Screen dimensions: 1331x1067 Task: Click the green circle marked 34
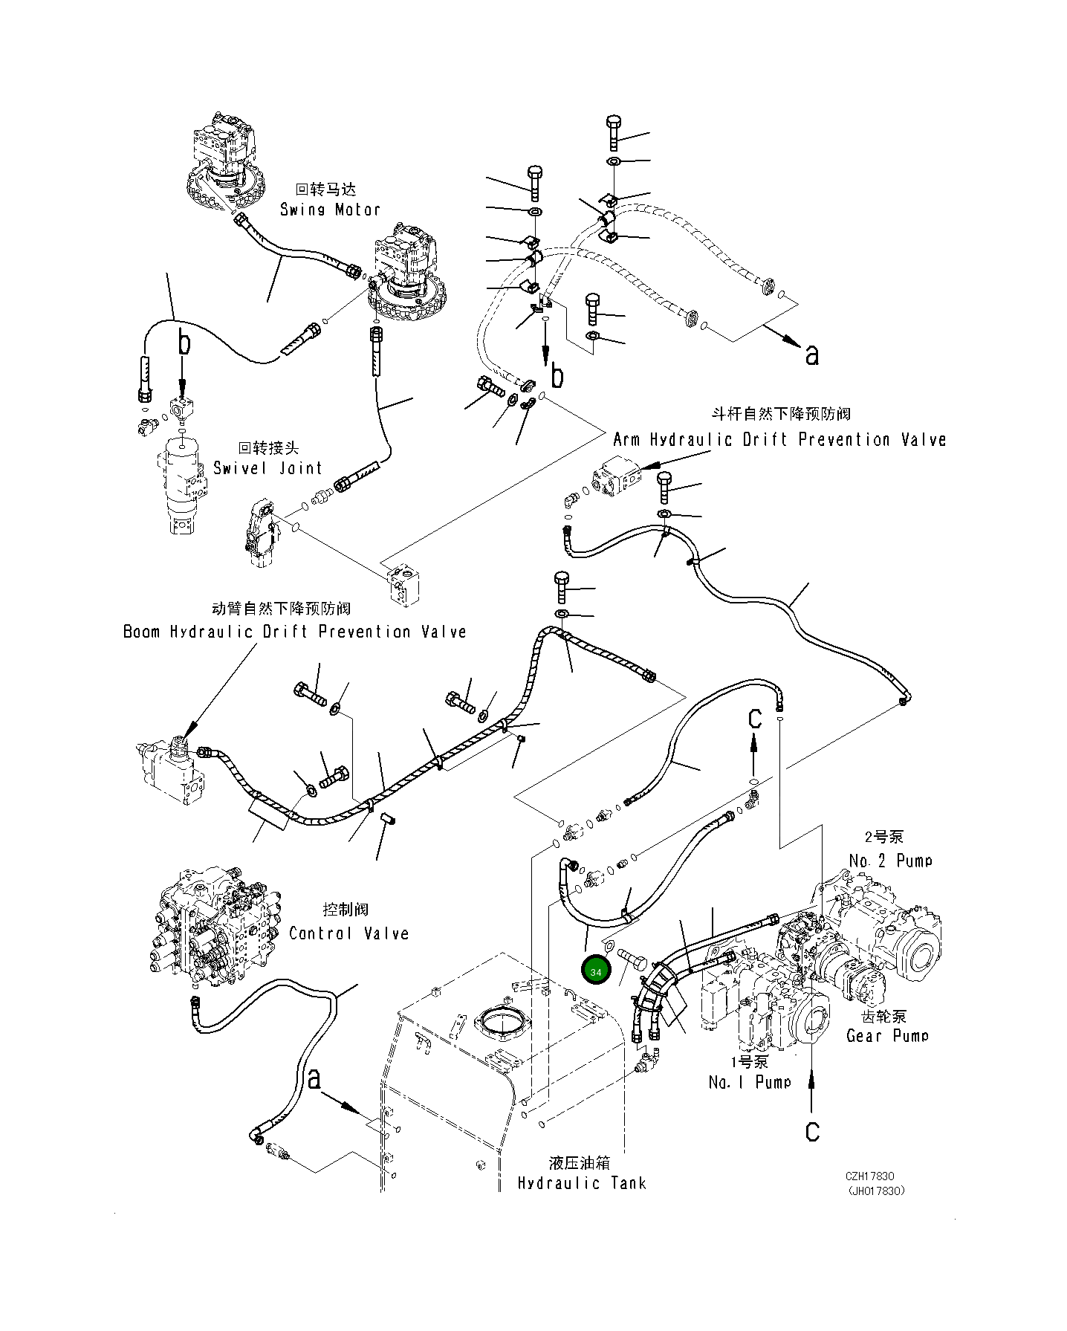pyautogui.click(x=596, y=972)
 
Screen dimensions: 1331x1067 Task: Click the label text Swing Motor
pyautogui.click(x=330, y=210)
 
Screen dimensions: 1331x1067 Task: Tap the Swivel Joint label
pyautogui.click(x=267, y=468)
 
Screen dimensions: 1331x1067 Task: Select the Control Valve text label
pyautogui.click(x=348, y=933)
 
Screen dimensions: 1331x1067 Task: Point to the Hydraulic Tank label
pyautogui.click(x=581, y=1183)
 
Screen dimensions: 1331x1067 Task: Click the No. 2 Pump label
pyautogui.click(x=890, y=861)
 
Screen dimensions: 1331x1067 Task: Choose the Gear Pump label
pyautogui.click(x=887, y=1035)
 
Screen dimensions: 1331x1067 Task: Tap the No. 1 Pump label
pyautogui.click(x=749, y=1082)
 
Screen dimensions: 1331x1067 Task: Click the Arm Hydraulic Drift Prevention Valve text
pyautogui.click(x=779, y=439)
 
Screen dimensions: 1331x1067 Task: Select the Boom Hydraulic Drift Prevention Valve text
pyautogui.click(x=294, y=632)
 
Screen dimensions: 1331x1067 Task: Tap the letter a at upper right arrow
pyautogui.click(x=811, y=355)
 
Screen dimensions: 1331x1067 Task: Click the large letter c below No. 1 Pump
pyautogui.click(x=812, y=1131)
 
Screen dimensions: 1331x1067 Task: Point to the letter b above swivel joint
pyautogui.click(x=183, y=343)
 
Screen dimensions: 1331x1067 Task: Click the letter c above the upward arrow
pyautogui.click(x=754, y=719)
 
